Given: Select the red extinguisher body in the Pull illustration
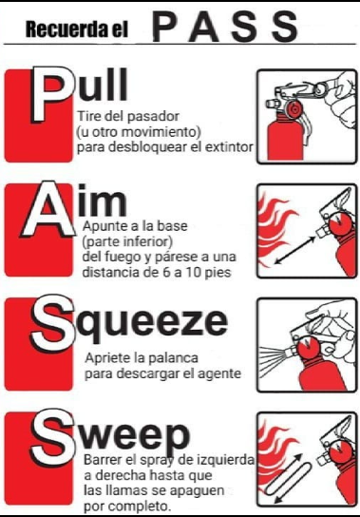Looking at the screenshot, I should (280, 137).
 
